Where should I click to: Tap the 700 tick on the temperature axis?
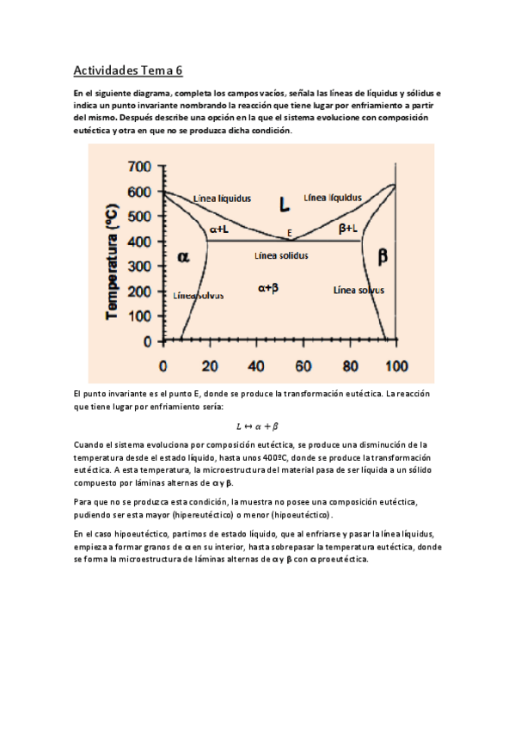pos(140,166)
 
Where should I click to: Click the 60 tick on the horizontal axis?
pos(303,366)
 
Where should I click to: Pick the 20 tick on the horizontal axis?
pos(209,366)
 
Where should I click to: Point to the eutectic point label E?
pos(290,232)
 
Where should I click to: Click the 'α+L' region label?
pos(218,229)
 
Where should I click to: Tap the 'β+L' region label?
pos(348,228)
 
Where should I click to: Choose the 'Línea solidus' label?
pos(283,255)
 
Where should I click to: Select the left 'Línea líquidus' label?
pos(223,198)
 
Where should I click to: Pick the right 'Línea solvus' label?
pos(359,291)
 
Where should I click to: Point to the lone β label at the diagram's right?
pos(383,255)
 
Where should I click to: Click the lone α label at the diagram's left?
pos(183,255)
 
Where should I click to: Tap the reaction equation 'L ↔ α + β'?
pos(257,426)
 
